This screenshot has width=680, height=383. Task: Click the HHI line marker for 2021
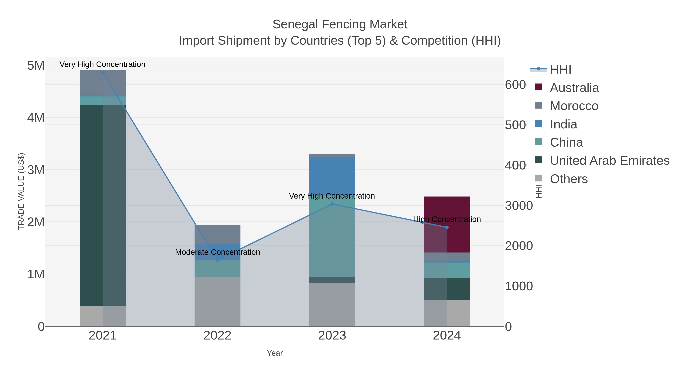(x=103, y=72)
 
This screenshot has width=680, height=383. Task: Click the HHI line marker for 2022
(x=218, y=260)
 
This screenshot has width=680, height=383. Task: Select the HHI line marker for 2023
(x=332, y=204)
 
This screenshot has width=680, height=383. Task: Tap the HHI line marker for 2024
(x=447, y=227)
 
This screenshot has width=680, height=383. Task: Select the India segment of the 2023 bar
(x=332, y=174)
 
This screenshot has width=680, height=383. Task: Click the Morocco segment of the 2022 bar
(x=218, y=234)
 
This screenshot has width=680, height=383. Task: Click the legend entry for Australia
(x=574, y=88)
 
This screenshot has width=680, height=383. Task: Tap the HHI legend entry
(x=560, y=70)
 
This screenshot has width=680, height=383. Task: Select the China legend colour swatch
(x=539, y=142)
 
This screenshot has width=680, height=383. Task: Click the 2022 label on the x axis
(x=218, y=336)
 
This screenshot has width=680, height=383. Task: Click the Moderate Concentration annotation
(x=218, y=252)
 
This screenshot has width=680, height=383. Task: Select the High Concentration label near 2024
(x=447, y=219)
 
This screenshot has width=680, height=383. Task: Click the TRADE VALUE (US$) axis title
(x=21, y=191)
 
